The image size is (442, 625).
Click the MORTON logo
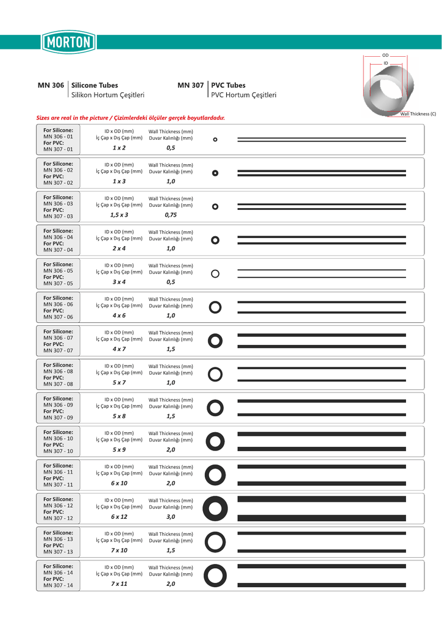[x=69, y=43]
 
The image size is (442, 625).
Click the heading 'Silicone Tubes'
[x=95, y=85]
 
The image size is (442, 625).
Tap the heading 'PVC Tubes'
[x=228, y=85]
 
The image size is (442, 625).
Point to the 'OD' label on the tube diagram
[x=385, y=56]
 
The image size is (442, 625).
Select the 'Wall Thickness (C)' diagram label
[x=418, y=114]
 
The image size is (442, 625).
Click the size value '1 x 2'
[x=119, y=148]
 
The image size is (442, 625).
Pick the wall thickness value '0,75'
[x=171, y=215]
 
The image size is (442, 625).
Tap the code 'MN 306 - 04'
[x=58, y=237]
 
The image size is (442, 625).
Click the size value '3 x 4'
[x=119, y=283]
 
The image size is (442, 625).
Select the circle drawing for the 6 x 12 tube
[x=215, y=508]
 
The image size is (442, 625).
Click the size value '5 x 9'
[x=119, y=450]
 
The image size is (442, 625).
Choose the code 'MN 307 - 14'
[x=58, y=586]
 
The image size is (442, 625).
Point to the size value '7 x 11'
[x=119, y=584]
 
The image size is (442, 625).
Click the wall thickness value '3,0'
[x=171, y=517]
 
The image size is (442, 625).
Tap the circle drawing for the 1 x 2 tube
[x=215, y=140]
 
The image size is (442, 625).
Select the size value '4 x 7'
[x=119, y=349]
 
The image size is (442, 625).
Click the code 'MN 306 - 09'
[x=58, y=405]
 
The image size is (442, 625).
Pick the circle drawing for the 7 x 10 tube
[x=215, y=541]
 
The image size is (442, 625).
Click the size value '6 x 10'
[x=119, y=483]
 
